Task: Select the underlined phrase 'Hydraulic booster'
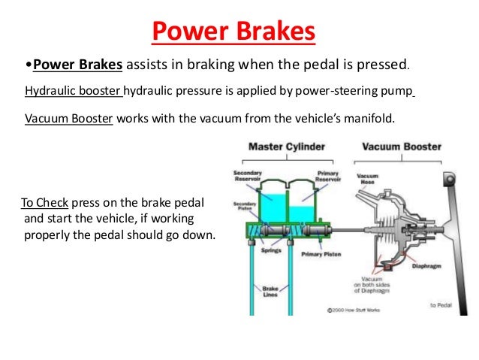point(73,92)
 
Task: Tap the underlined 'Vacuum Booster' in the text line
point(68,119)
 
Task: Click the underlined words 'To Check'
point(43,204)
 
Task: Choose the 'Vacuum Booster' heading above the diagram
point(402,147)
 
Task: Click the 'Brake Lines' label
point(271,291)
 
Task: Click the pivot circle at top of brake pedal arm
point(450,180)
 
